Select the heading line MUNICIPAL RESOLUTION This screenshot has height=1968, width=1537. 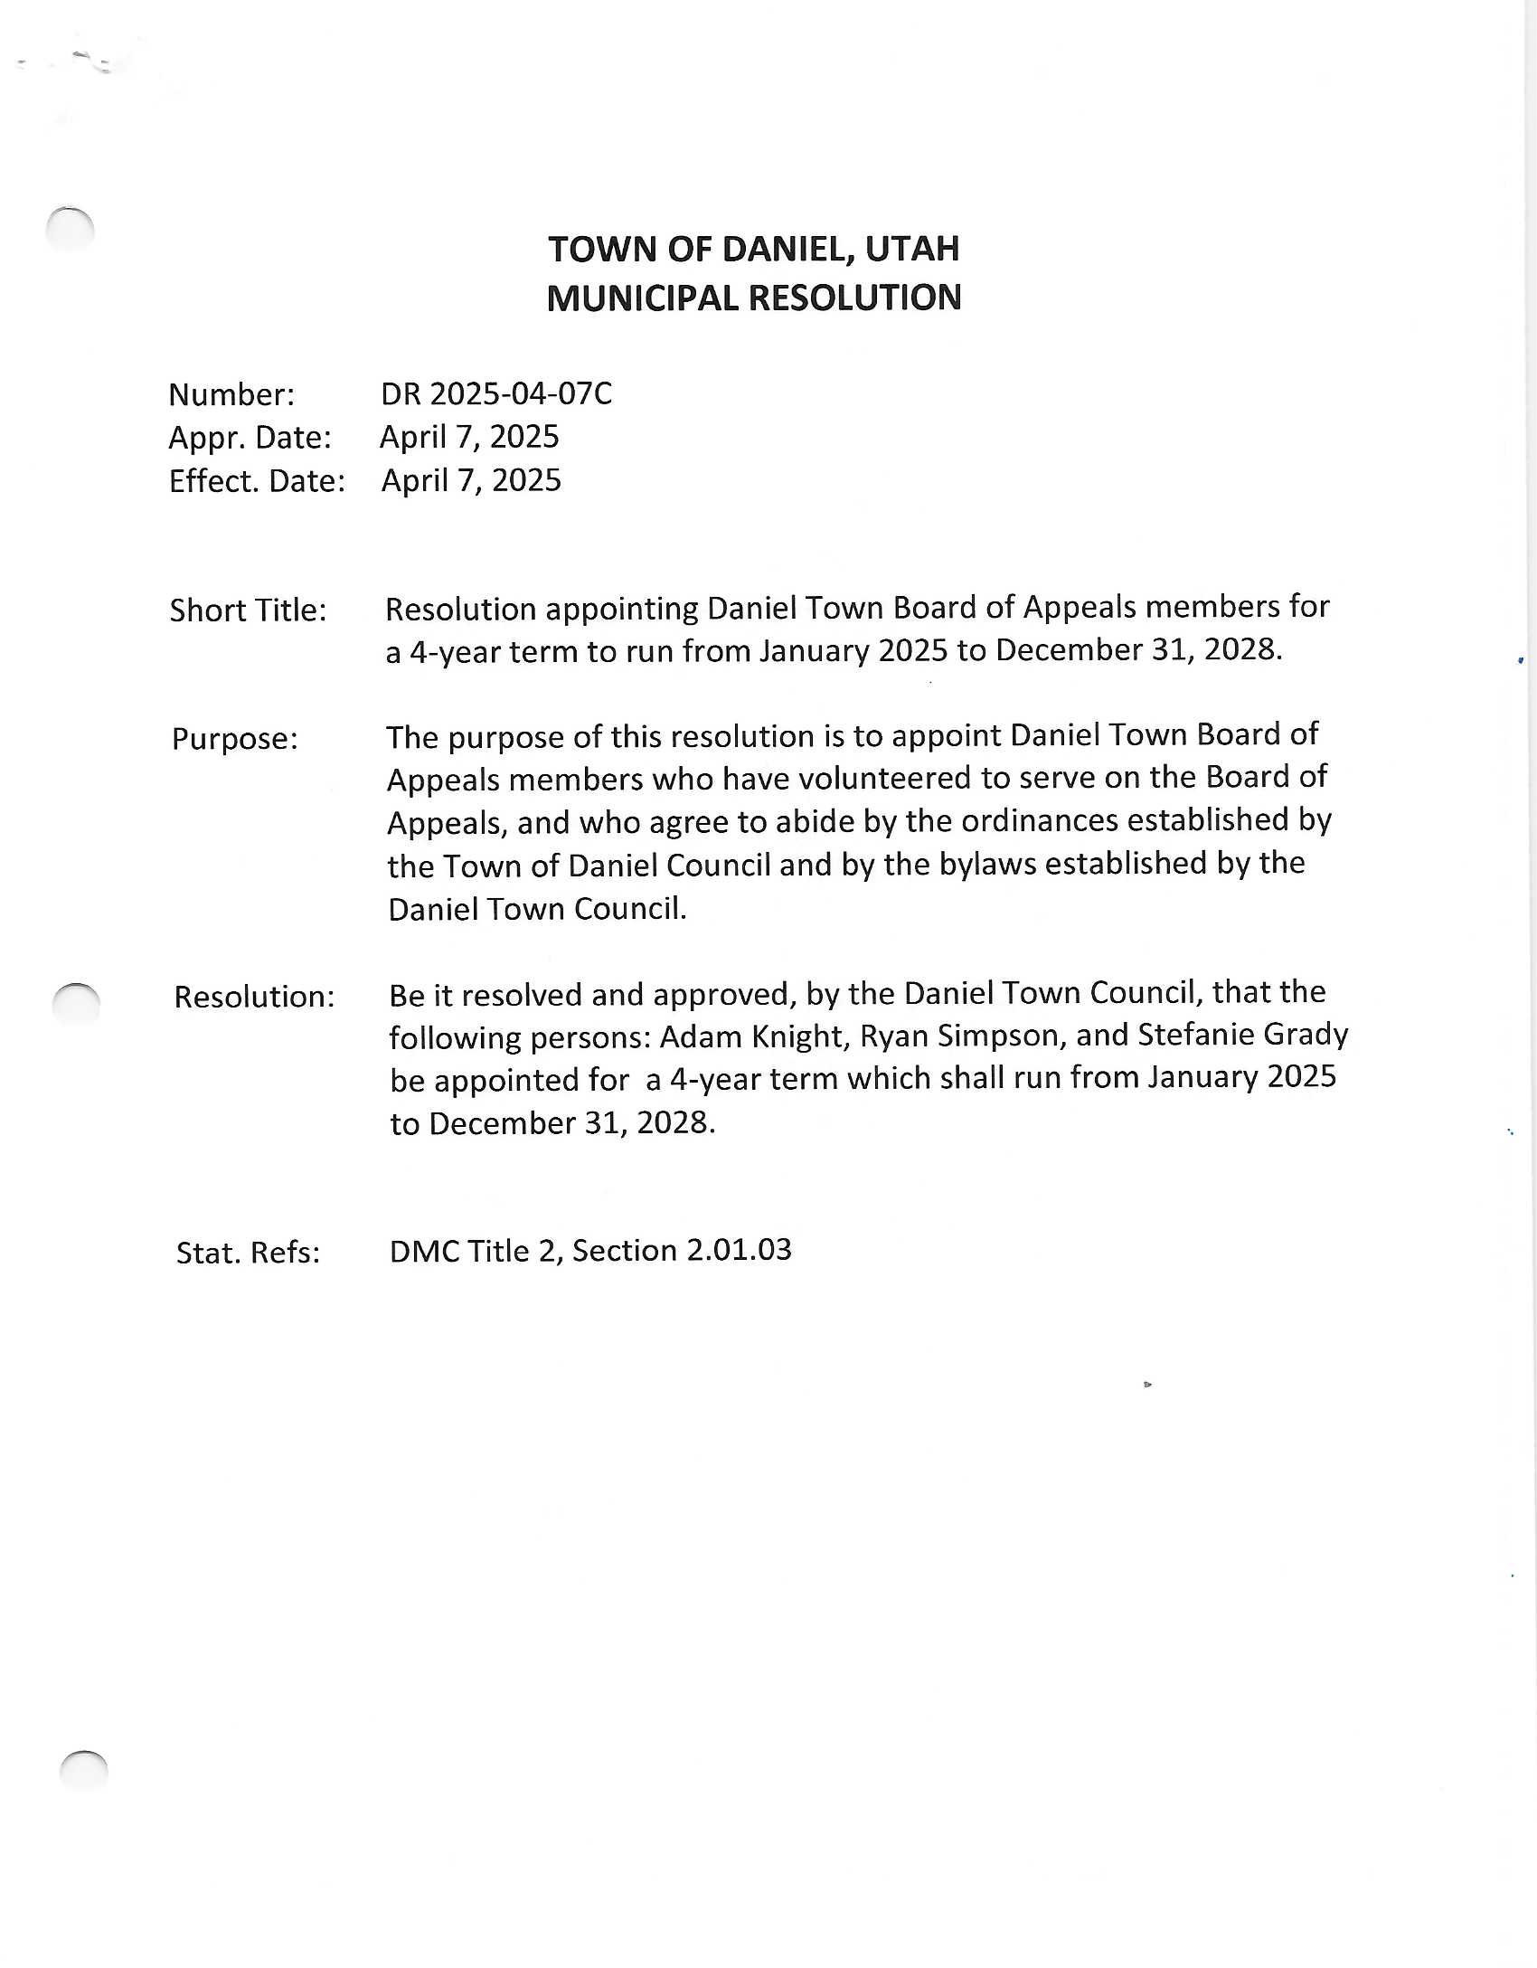click(x=754, y=298)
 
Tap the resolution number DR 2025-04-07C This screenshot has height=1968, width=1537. click(x=496, y=393)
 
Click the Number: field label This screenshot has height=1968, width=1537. click(x=231, y=394)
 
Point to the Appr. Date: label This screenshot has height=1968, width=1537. click(x=250, y=438)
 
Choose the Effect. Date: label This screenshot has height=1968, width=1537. click(x=257, y=481)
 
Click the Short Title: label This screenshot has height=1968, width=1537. click(x=248, y=610)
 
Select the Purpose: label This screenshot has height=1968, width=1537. click(x=234, y=739)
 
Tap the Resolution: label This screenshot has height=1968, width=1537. click(x=254, y=997)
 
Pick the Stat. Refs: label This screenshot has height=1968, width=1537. click(x=248, y=1253)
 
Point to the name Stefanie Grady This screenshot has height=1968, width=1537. click(x=1242, y=1034)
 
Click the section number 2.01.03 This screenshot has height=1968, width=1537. click(x=739, y=1250)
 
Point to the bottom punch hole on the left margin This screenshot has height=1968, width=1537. click(x=83, y=1769)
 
